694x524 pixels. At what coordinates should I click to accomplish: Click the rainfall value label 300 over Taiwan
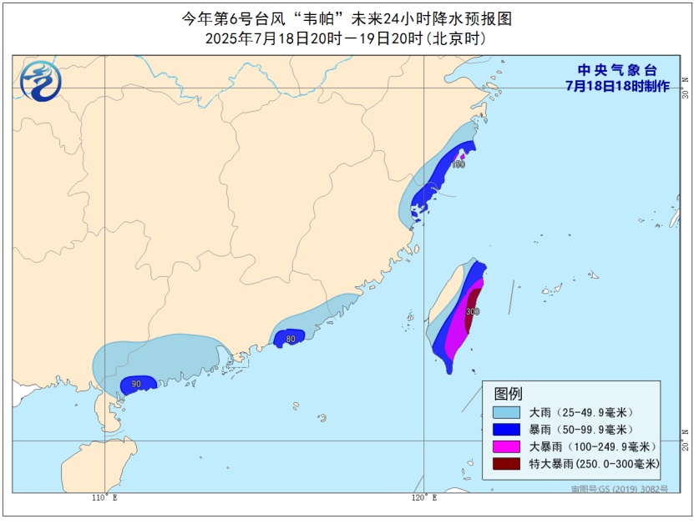[x=473, y=311]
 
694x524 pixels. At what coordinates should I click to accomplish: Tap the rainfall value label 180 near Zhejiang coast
[x=458, y=164]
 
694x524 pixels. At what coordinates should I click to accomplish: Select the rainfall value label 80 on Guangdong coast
[x=291, y=339]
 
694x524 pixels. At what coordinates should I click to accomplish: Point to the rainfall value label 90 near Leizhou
[x=136, y=384]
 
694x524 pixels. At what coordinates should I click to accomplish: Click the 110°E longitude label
[x=104, y=498]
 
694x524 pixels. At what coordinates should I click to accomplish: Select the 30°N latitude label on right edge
[x=685, y=88]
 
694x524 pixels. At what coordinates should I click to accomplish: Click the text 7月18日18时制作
[x=617, y=86]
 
